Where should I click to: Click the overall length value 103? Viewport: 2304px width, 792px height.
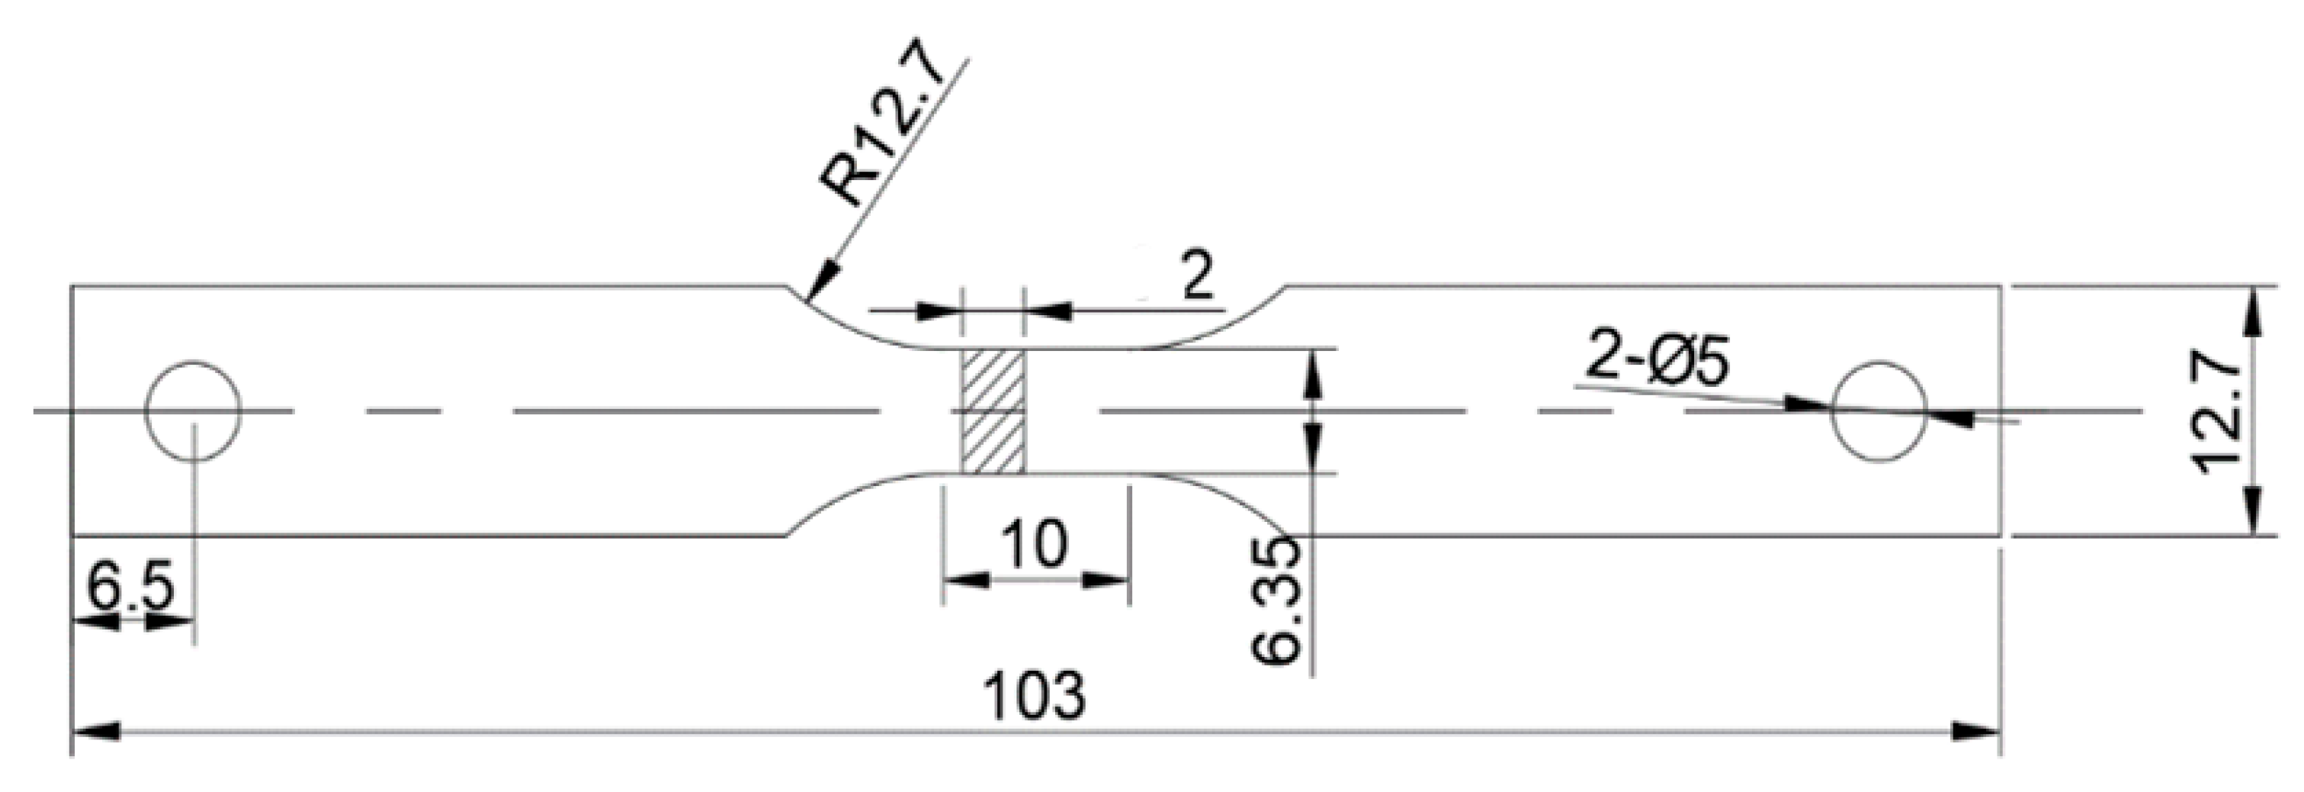click(x=1035, y=695)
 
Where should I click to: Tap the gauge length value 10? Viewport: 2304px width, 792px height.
click(x=1035, y=543)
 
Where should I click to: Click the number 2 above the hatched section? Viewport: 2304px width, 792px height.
click(x=1198, y=278)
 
